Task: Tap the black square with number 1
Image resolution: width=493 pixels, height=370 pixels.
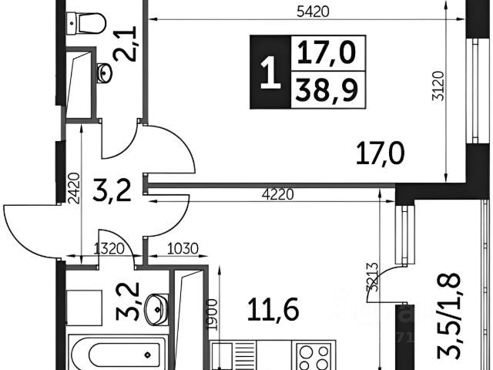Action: (x=268, y=73)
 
